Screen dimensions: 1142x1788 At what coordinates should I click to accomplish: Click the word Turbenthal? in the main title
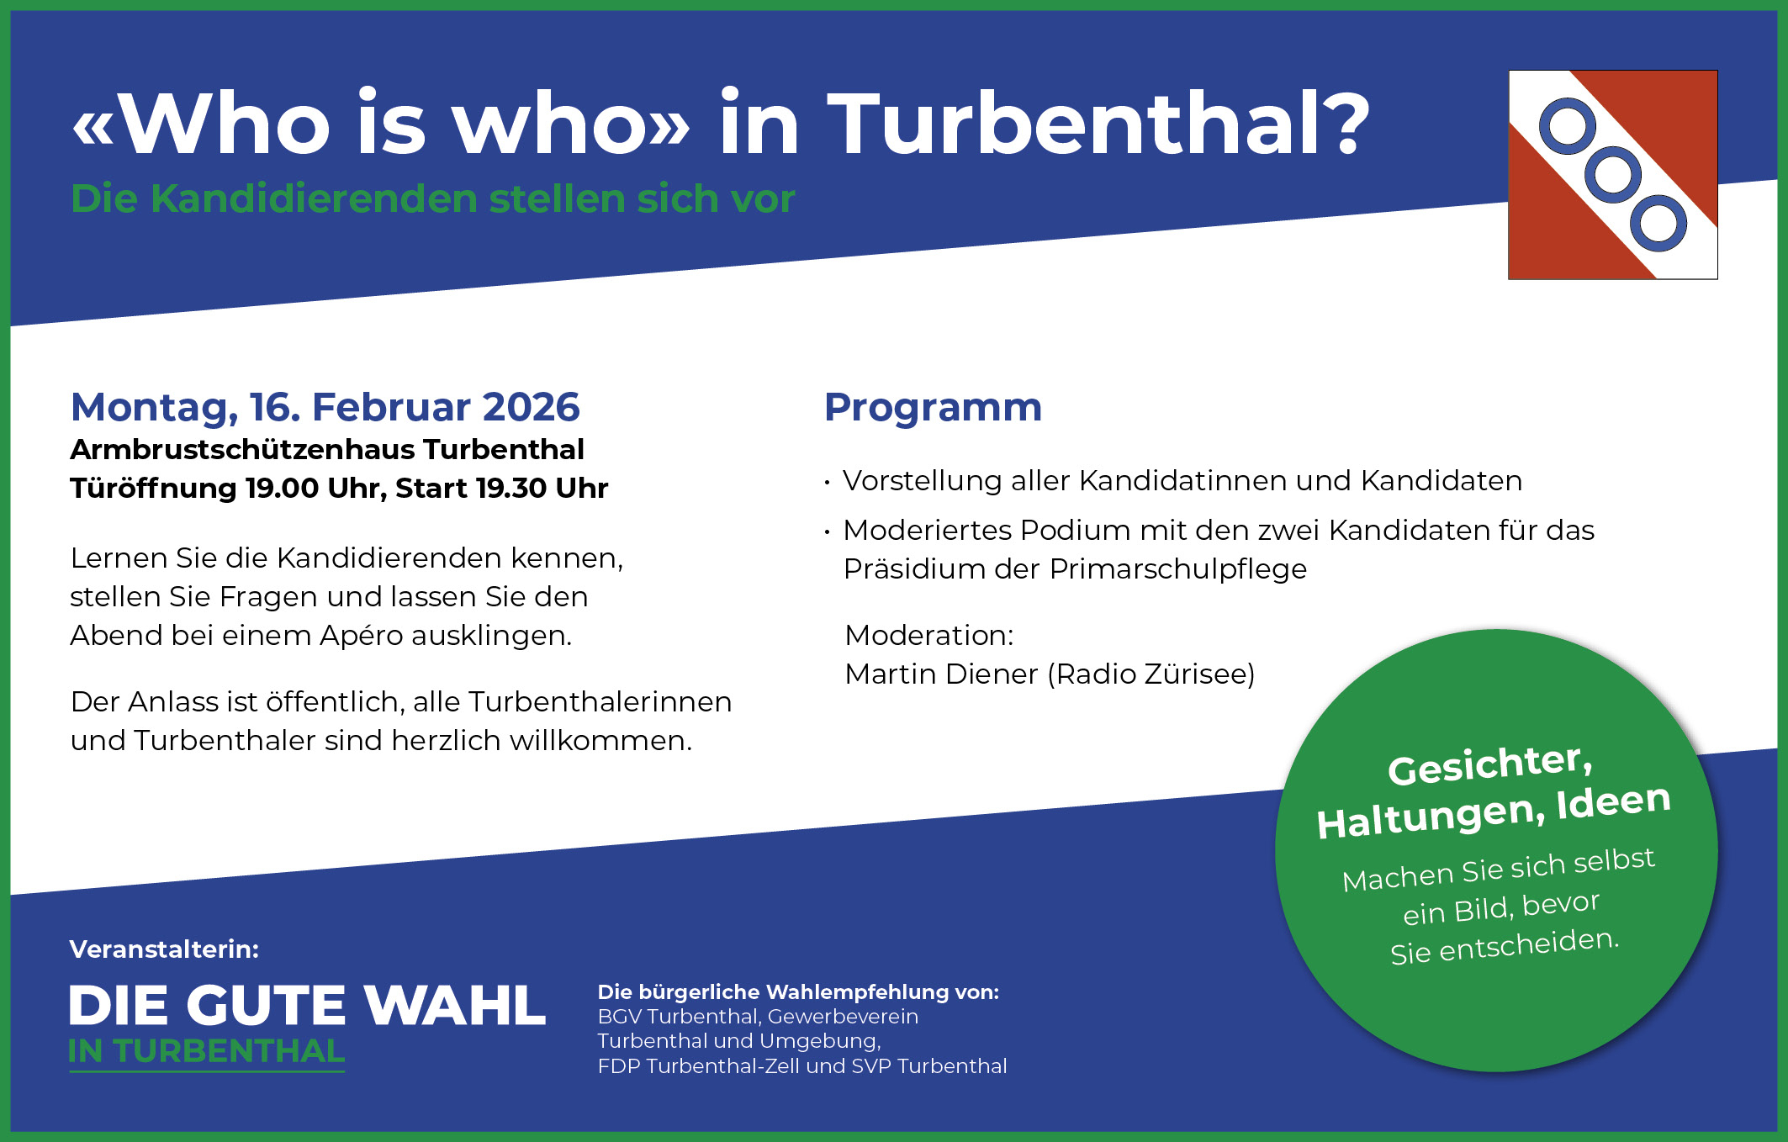coord(1098,124)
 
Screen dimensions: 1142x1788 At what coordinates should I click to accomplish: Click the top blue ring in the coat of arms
coord(1567,127)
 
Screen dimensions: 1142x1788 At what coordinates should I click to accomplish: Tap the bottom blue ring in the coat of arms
coord(1658,224)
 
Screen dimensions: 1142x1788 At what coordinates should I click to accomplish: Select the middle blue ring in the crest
coord(1612,175)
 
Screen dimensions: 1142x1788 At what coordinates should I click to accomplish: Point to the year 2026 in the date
coord(531,407)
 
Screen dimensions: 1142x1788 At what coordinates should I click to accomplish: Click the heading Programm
coord(933,407)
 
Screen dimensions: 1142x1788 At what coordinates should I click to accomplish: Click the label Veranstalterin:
coord(164,949)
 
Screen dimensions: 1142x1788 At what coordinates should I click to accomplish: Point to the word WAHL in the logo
coord(454,1006)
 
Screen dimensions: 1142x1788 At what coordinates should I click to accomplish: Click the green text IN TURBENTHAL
coord(207,1052)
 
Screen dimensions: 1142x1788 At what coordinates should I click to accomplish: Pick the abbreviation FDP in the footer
coord(618,1066)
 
